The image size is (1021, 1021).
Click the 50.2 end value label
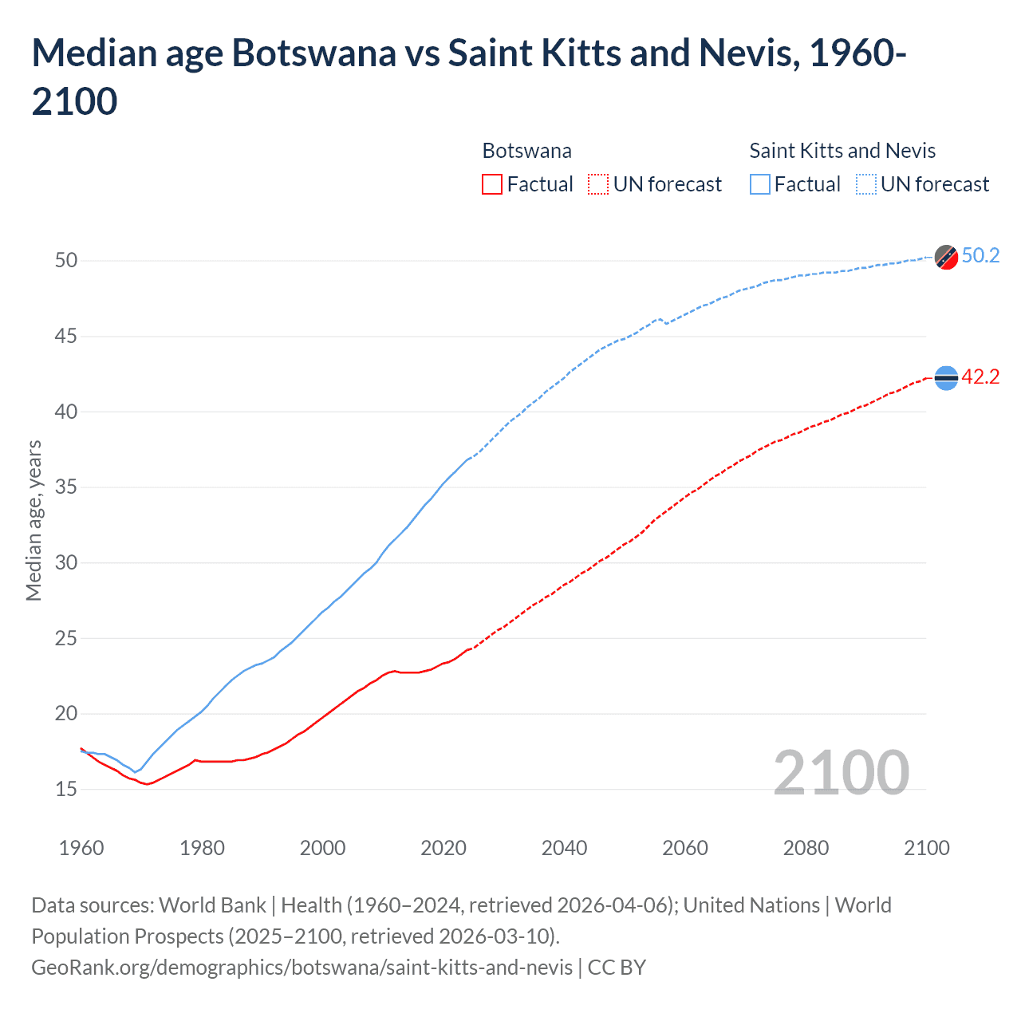[x=980, y=255]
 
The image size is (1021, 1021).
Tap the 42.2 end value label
[x=980, y=376]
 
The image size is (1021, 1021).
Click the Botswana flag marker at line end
[x=946, y=378]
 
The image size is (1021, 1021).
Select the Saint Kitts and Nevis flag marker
[x=946, y=257]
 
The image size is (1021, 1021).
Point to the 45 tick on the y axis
[x=66, y=337]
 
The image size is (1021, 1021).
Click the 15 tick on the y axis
[x=66, y=789]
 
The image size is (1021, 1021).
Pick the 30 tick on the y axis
[x=66, y=562]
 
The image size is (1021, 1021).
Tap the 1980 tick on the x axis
[x=202, y=848]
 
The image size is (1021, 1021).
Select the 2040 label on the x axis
[x=564, y=848]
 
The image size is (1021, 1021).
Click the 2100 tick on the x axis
[x=926, y=848]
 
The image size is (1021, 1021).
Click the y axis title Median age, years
[x=34, y=520]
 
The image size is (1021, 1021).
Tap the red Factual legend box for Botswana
[x=492, y=184]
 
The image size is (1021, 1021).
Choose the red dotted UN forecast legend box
[x=598, y=184]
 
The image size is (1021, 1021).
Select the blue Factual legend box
[x=760, y=184]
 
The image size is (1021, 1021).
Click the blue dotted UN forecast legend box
[x=865, y=184]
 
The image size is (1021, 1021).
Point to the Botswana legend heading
[x=526, y=151]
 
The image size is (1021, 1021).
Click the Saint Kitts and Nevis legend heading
[x=842, y=151]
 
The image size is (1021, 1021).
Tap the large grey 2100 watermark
[x=841, y=772]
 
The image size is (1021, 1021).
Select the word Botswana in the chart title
[x=313, y=53]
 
